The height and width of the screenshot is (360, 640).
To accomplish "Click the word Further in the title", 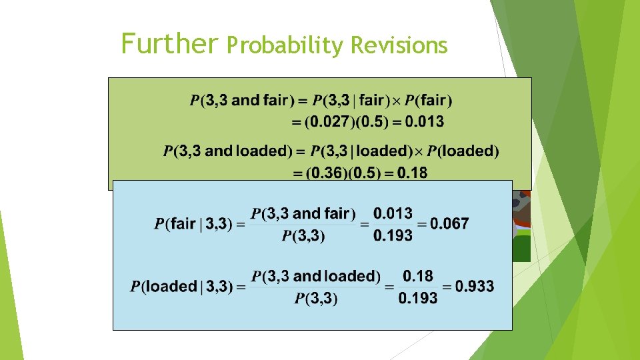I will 169,44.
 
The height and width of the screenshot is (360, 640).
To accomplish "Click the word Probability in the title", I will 285,45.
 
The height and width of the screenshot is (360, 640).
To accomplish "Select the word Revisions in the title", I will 399,45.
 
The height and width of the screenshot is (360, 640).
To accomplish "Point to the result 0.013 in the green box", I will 423,122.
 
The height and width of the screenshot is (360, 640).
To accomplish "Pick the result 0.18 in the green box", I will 412,173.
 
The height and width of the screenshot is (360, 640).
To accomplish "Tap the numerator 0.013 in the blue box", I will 393,213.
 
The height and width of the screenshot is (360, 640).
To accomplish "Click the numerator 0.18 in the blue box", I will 418,276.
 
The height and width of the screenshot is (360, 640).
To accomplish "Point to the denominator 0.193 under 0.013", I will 393,235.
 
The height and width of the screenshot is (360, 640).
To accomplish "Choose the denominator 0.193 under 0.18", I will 418,298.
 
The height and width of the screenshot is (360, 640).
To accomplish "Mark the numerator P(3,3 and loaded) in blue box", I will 315,276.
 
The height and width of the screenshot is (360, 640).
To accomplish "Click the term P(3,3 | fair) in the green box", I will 351,101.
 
